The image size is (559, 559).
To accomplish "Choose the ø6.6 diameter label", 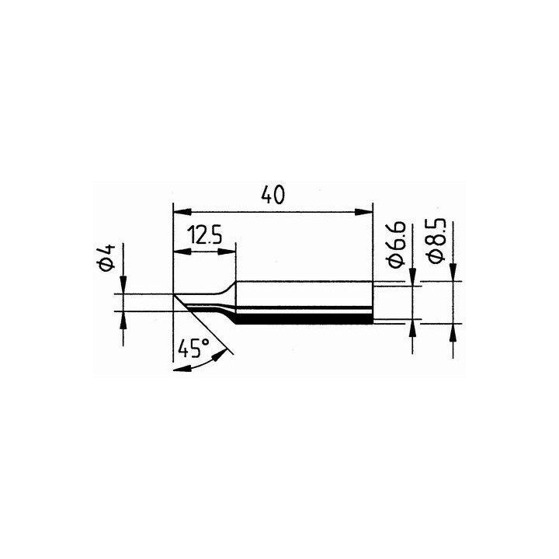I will [395, 244].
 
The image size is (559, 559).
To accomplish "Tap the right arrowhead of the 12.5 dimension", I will [231, 252].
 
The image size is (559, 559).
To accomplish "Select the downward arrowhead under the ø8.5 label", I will [454, 274].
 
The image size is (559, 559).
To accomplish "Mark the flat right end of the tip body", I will [373, 303].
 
